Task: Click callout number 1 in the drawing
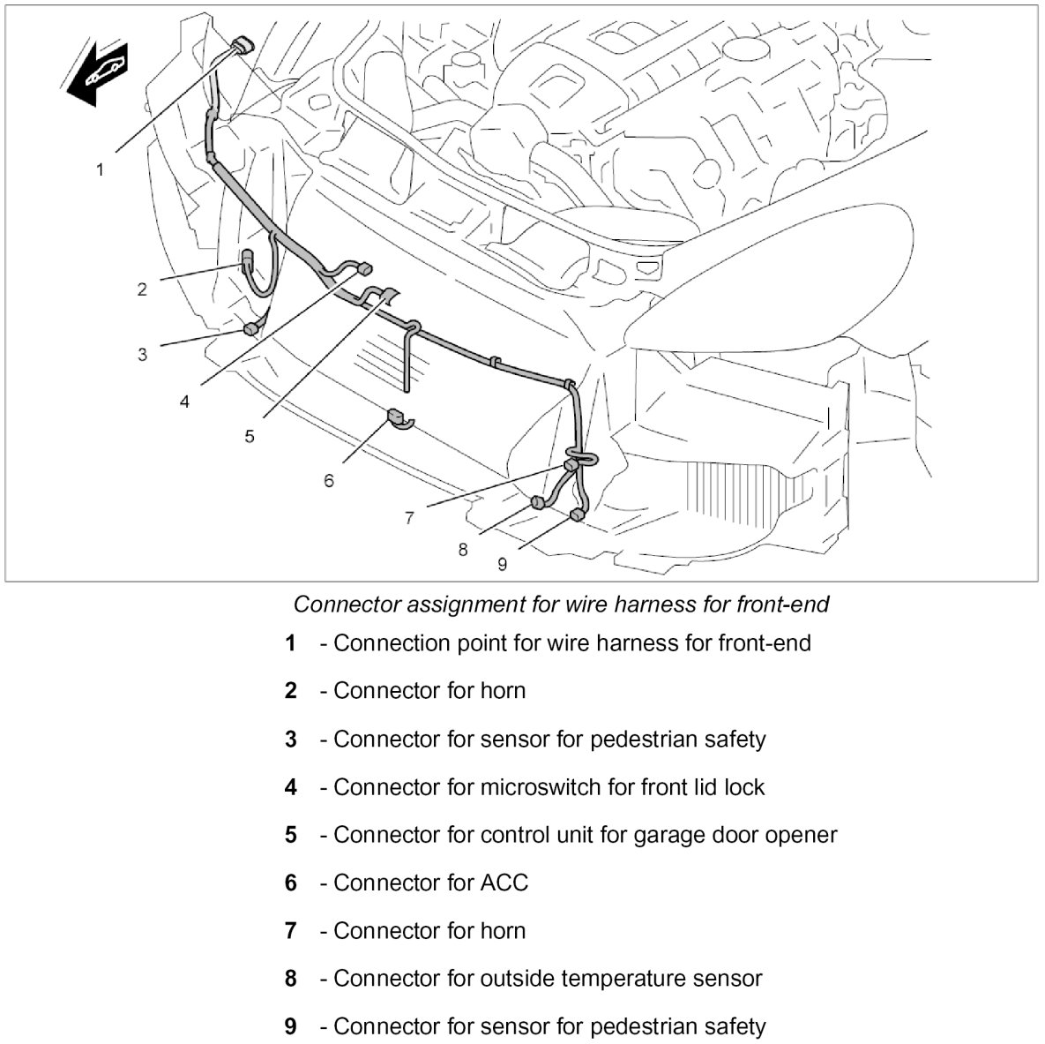click(101, 169)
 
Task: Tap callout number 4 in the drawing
click(184, 402)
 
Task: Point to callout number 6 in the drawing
click(329, 481)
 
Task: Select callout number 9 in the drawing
click(502, 564)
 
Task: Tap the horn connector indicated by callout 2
click(248, 259)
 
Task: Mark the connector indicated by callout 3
click(250, 329)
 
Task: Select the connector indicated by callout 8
click(536, 503)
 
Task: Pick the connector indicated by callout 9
click(576, 514)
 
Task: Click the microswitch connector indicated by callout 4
click(365, 268)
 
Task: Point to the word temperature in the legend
click(623, 979)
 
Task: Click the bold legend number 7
click(291, 931)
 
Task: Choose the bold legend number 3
click(291, 739)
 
